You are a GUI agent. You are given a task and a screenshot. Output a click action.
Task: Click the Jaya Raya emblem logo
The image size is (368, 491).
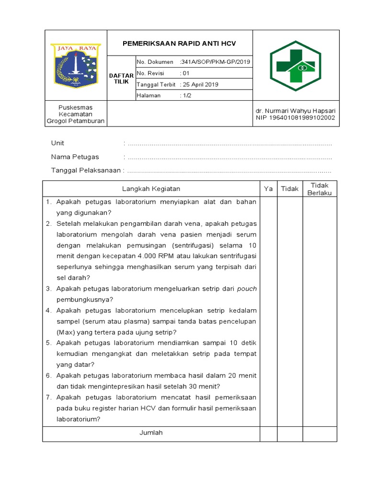76,65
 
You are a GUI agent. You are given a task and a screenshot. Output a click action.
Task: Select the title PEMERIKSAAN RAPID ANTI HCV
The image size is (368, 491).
180,44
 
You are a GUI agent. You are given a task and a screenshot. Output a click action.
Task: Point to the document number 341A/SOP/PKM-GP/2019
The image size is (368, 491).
215,62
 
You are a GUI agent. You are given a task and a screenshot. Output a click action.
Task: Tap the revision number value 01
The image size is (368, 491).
185,73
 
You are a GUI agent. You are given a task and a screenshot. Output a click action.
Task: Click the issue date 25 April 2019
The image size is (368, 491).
199,84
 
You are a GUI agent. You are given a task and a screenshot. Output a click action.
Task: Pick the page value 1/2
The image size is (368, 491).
185,95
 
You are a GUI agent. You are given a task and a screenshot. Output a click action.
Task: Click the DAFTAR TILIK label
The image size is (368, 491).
121,79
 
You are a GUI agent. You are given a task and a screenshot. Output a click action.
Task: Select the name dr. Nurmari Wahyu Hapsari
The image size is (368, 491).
296,110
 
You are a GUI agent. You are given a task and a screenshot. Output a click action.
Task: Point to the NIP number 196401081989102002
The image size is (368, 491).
296,118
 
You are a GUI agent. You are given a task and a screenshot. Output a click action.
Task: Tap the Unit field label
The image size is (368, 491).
57,143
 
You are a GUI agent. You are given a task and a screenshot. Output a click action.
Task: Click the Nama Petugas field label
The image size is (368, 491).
75,157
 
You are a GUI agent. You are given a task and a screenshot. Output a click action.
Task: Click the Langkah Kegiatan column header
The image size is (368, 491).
151,189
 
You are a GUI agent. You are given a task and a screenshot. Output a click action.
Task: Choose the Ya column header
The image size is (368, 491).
268,189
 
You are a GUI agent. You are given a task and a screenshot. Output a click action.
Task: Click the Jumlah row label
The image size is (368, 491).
151,433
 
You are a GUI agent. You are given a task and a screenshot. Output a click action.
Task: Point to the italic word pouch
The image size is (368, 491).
247,289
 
